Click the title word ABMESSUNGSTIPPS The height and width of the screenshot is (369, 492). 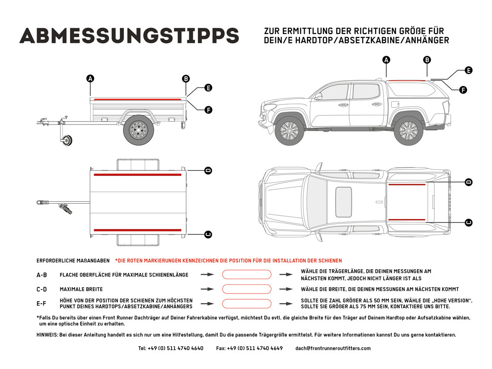(x=129, y=36)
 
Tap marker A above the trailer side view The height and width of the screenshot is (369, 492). (x=90, y=79)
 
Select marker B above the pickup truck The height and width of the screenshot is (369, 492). (x=427, y=60)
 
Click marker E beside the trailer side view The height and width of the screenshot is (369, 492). (x=208, y=88)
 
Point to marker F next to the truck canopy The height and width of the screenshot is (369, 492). (x=463, y=90)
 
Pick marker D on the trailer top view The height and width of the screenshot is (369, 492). (x=208, y=171)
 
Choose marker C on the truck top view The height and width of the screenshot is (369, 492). (x=468, y=222)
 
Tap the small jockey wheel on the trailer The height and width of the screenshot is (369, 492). (x=66, y=140)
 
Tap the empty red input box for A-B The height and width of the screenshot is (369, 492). (x=246, y=274)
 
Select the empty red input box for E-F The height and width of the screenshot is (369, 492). (x=246, y=304)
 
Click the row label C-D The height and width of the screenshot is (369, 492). (x=42, y=289)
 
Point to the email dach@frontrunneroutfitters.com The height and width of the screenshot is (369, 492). (x=333, y=348)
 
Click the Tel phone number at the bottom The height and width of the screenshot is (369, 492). (x=171, y=348)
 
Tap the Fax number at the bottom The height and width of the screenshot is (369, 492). (x=249, y=348)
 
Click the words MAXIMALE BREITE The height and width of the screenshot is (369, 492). (x=81, y=289)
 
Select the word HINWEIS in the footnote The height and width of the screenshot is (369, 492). (x=47, y=335)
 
